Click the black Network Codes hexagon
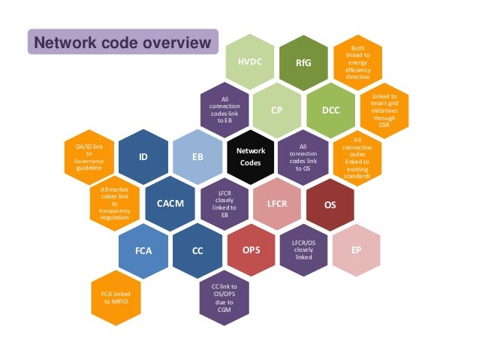click(x=251, y=157)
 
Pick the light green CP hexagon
click(x=277, y=110)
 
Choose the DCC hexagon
click(x=330, y=110)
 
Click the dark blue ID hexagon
click(x=143, y=157)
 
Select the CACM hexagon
click(x=170, y=204)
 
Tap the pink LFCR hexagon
click(x=278, y=204)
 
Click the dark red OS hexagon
click(x=330, y=204)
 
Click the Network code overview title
click(x=124, y=42)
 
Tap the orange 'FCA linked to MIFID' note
click(x=116, y=298)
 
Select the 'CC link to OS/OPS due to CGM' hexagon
click(x=224, y=298)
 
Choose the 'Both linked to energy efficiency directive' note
click(x=357, y=62)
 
